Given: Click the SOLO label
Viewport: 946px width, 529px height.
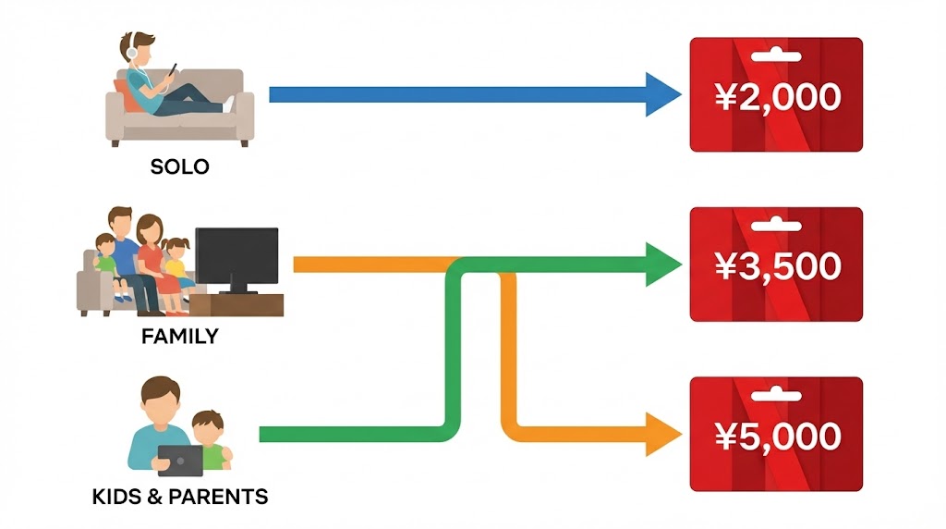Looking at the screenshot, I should click(x=179, y=167).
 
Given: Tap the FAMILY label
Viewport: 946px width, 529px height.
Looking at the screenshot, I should click(x=179, y=337).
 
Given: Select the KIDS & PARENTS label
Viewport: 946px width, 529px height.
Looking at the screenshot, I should click(x=180, y=498).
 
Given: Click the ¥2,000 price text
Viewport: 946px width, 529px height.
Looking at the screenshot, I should click(x=777, y=96).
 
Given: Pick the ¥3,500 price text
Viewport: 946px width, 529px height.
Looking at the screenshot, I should click(x=777, y=266).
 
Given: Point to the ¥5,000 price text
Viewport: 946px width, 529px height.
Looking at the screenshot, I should click(x=777, y=436).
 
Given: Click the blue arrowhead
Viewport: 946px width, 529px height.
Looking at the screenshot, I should click(x=663, y=93).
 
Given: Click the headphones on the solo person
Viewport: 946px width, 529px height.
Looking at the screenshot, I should click(x=131, y=51).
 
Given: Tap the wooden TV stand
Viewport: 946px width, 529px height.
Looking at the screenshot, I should click(x=243, y=304).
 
